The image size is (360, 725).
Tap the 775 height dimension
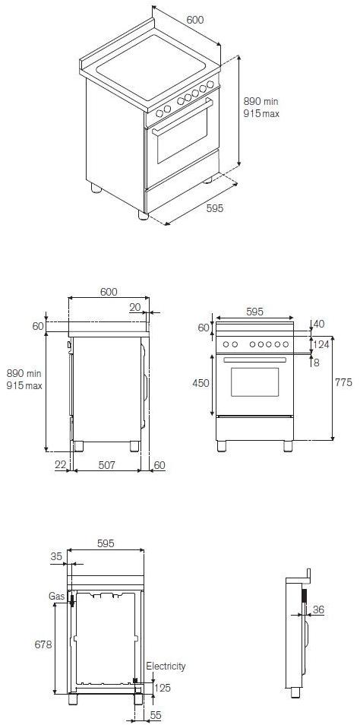pos(343,383)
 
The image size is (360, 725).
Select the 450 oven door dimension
pos(201,383)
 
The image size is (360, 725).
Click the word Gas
pos(57,597)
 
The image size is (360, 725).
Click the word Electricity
pos(166,666)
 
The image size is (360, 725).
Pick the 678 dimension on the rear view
pos(43,644)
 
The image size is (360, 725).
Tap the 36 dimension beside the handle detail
pos(318,609)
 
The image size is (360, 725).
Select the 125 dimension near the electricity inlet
pos(163,688)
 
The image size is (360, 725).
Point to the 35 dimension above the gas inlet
pos(56,556)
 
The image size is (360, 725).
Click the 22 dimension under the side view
pos(59,465)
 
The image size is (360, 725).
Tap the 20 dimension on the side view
pos(134,307)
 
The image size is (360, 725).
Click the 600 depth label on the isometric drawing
pos(194,21)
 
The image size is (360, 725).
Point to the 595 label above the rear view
pos(106,543)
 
